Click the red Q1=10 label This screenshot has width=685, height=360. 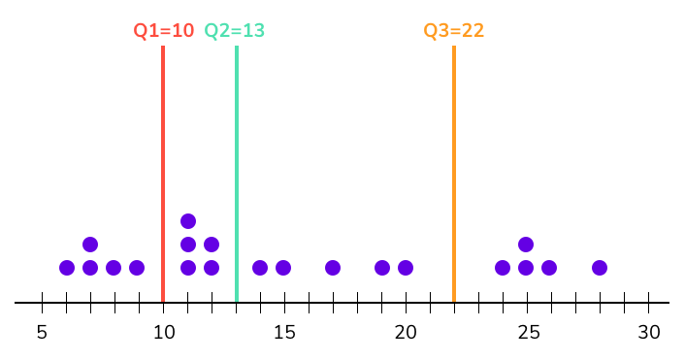pyautogui.click(x=163, y=30)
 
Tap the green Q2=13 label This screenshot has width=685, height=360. pyautogui.click(x=234, y=30)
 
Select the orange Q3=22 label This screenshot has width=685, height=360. pyautogui.click(x=453, y=30)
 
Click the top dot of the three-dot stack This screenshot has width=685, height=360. pyautogui.click(x=188, y=221)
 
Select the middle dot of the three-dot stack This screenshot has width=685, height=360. pyautogui.click(x=188, y=245)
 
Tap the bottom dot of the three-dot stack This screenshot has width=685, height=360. pyautogui.click(x=188, y=268)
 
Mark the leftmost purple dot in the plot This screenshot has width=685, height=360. pyautogui.click(x=67, y=268)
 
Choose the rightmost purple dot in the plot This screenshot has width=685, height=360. pyautogui.click(x=600, y=268)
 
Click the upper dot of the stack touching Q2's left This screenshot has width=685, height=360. pyautogui.click(x=212, y=245)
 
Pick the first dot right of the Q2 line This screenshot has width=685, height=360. pyautogui.click(x=260, y=268)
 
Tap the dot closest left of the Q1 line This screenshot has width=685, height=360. pyautogui.click(x=137, y=268)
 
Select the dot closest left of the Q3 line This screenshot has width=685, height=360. pyautogui.click(x=406, y=268)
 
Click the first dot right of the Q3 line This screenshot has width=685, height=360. pyautogui.click(x=503, y=268)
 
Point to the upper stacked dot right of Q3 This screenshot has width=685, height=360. pyautogui.click(x=526, y=245)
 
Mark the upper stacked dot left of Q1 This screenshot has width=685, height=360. pyautogui.click(x=90, y=245)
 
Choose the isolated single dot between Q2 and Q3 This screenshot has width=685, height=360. pyautogui.click(x=333, y=268)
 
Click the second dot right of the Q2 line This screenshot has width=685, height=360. pyautogui.click(x=283, y=268)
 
